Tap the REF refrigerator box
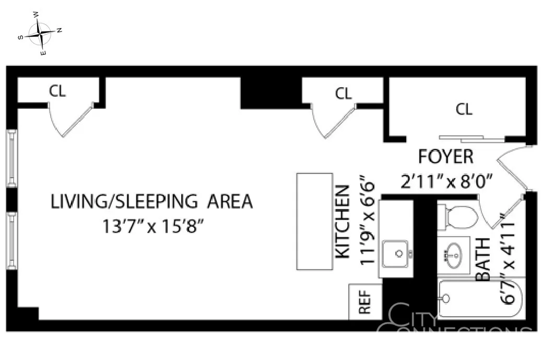(365, 301)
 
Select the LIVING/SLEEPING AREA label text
(151, 202)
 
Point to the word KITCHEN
(343, 222)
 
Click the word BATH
(483, 260)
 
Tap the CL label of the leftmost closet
(57, 91)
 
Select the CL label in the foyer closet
(464, 109)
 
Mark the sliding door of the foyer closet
(471, 138)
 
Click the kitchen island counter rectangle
(314, 222)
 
